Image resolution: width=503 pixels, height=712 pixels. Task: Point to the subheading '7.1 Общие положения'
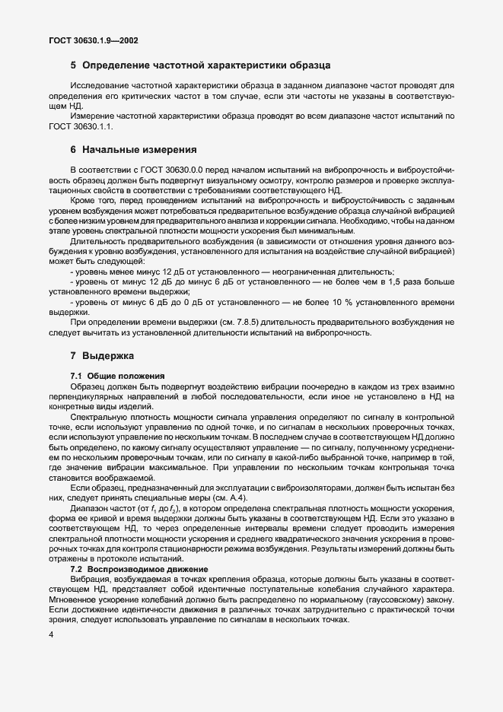[x=114, y=376]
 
